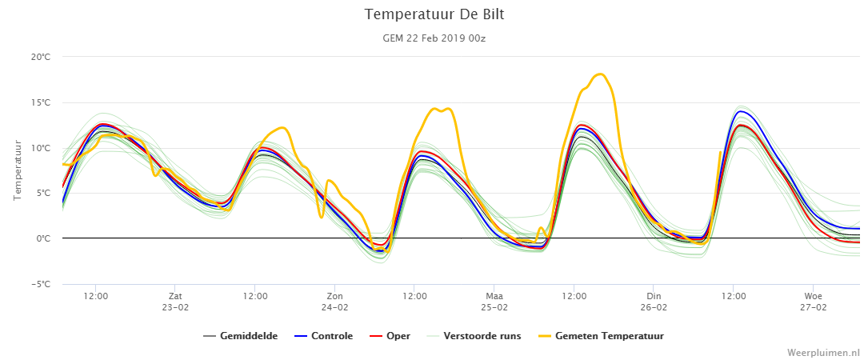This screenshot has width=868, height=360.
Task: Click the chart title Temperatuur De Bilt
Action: coord(434,15)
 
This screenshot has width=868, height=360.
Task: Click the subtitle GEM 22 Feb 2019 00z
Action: coord(434,38)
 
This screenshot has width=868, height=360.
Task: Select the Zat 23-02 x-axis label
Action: coord(175,301)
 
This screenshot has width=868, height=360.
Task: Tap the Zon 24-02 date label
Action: coord(334,301)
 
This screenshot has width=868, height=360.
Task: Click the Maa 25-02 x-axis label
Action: coord(494,301)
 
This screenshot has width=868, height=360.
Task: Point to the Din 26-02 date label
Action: coord(654,301)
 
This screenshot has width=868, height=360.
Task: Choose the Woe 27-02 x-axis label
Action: coord(813,301)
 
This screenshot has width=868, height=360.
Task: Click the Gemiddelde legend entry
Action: coord(241,336)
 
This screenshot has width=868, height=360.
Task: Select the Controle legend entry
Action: coord(323,336)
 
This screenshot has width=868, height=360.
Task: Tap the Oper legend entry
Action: coord(389,336)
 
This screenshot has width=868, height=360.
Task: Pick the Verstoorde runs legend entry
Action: coord(474,336)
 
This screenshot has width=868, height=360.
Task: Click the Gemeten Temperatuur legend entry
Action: coord(601,336)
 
